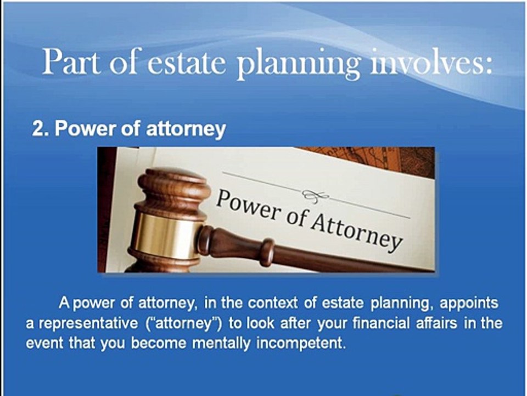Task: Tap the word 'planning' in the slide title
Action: coord(299,64)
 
